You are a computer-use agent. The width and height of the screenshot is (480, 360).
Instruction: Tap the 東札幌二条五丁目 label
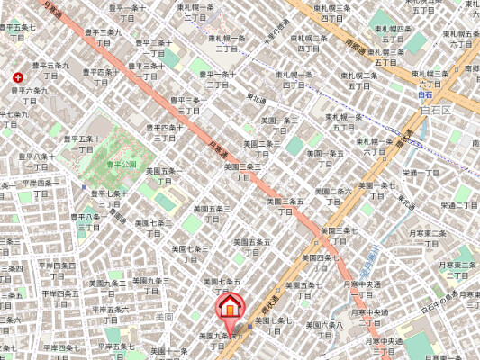click(x=385, y=58)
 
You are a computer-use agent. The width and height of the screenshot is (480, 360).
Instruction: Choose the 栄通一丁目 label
click(x=421, y=173)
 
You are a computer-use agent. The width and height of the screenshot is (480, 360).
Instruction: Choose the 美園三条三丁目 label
click(x=243, y=171)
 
